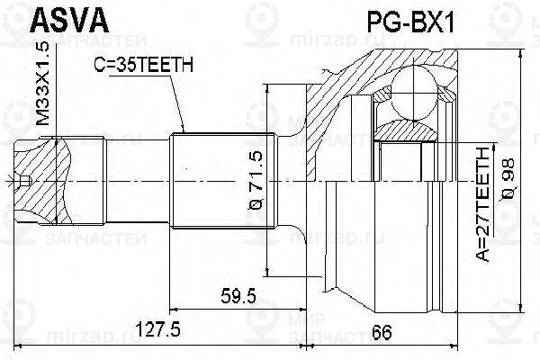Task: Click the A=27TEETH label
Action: [x=484, y=206]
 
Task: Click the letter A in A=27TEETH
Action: [x=484, y=257]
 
